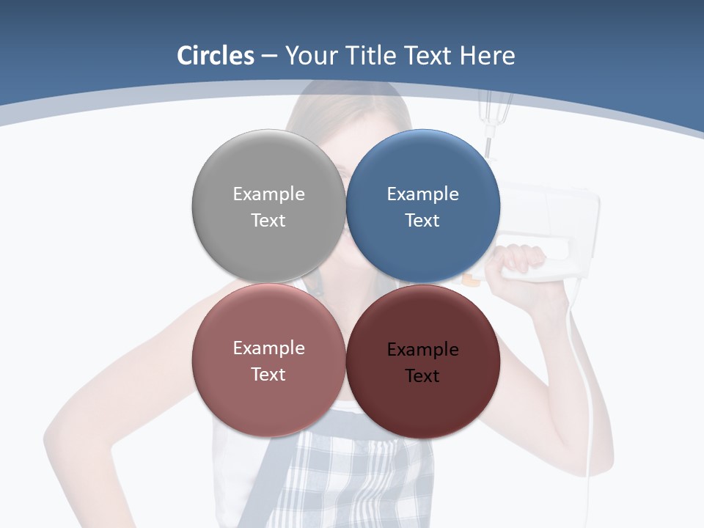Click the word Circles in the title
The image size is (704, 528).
pos(216,56)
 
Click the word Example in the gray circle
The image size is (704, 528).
pos(268,194)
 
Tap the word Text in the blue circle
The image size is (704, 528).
pos(422,221)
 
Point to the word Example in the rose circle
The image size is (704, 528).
pos(268,348)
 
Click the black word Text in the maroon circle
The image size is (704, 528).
pos(422,376)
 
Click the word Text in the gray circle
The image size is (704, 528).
pos(268,221)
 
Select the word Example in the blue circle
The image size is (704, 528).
pos(422,194)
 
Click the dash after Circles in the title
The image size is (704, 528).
pos(269,56)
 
